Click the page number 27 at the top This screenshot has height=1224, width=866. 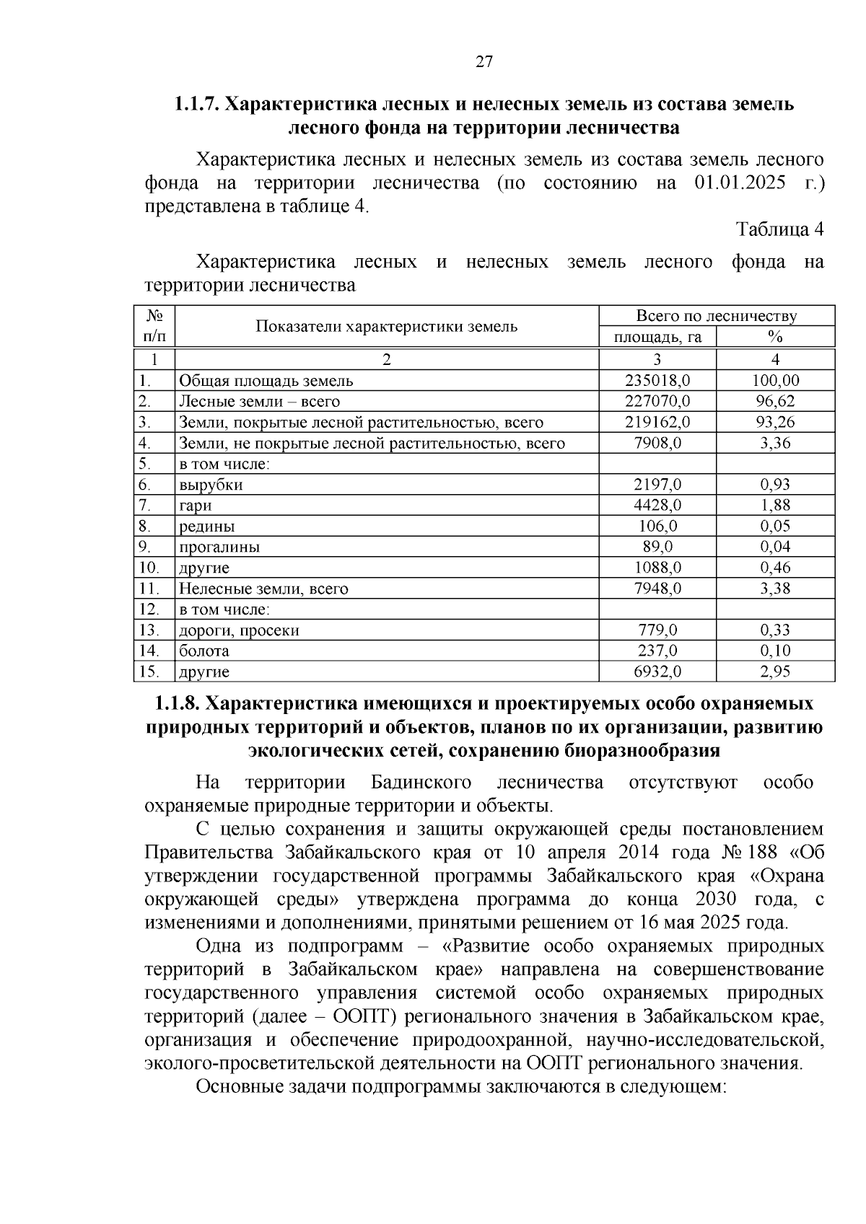pos(484,62)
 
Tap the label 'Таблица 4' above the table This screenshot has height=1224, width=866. pos(779,229)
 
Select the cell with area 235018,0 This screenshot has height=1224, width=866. pos(657,380)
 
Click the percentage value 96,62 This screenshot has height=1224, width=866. pos(775,401)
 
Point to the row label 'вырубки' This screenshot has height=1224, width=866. pos(211,485)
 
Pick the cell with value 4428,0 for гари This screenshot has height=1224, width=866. pos(657,506)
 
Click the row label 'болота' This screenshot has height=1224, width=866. pos(204,651)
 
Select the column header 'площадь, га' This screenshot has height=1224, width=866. pos(657,337)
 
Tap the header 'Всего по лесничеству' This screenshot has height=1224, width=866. pos(716,316)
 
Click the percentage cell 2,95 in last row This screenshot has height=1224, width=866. pos(775,672)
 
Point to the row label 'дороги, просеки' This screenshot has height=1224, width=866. pos(239,630)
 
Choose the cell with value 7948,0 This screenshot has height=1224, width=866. pos(657,589)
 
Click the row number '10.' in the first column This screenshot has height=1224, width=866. pos(149,568)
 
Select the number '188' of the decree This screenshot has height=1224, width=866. pos(764,853)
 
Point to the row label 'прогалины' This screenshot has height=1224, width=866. pos(219,547)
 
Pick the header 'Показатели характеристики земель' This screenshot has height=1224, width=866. pos(387,326)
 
